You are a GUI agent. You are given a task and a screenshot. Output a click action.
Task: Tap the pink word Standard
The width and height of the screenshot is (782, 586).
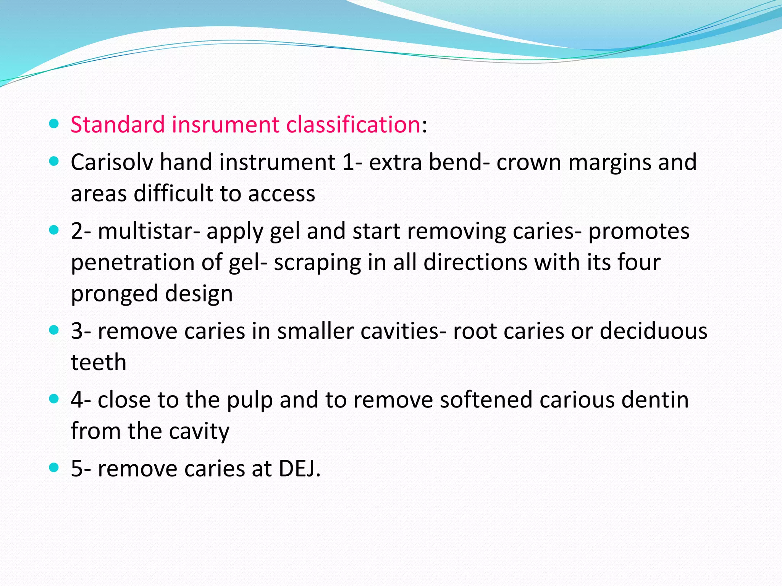pyautogui.click(x=118, y=125)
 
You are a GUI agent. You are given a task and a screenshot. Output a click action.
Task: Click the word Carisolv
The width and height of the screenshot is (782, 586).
pyautogui.click(x=112, y=163)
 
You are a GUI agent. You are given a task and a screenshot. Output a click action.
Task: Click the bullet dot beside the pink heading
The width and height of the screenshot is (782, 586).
pyautogui.click(x=54, y=124)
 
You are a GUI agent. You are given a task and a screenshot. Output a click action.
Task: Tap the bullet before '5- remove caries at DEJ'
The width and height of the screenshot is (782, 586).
pyautogui.click(x=54, y=467)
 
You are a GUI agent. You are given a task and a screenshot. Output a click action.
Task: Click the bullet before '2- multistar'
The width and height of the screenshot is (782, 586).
pyautogui.click(x=54, y=230)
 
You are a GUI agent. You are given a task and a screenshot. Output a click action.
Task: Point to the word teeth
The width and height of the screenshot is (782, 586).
pyautogui.click(x=99, y=362)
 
